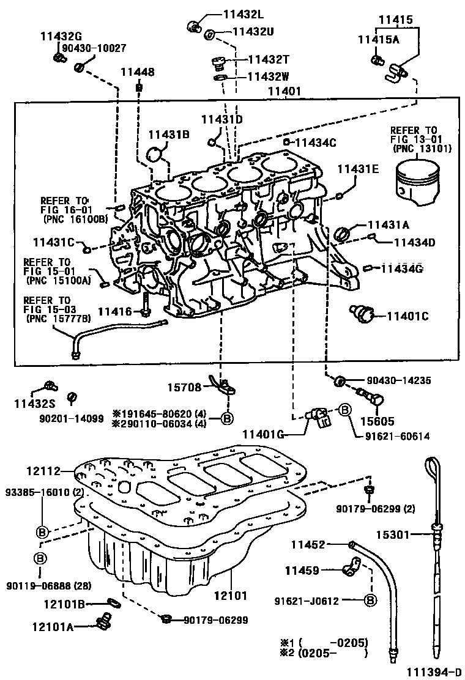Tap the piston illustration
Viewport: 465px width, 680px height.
413,181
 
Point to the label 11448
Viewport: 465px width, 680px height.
137,72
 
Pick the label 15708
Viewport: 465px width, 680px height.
185,387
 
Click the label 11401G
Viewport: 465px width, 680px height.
264,434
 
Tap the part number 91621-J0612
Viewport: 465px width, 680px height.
307,601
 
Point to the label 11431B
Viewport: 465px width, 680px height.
168,135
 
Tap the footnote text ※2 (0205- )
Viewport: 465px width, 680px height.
324,653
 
